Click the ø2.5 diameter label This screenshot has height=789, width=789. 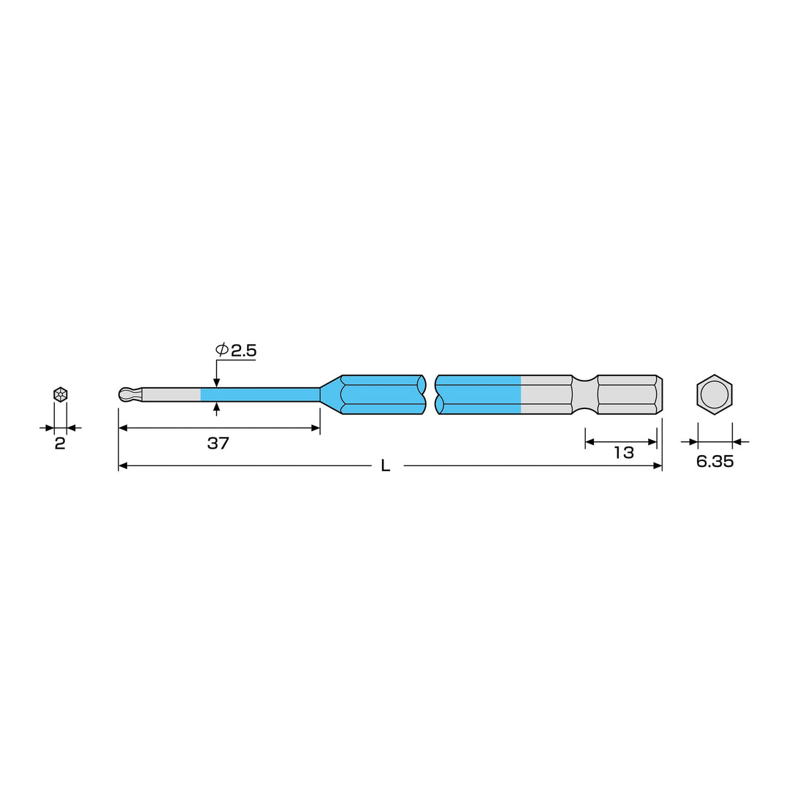click(x=236, y=350)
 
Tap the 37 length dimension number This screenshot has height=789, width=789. click(x=218, y=443)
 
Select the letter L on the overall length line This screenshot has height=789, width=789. click(x=386, y=466)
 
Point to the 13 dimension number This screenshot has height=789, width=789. click(x=623, y=453)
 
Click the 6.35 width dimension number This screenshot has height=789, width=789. click(x=714, y=462)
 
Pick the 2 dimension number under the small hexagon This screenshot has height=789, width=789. click(x=60, y=444)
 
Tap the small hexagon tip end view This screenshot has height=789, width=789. click(x=61, y=394)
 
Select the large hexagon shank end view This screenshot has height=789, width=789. click(x=714, y=394)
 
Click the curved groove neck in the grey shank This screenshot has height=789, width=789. click(x=584, y=394)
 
